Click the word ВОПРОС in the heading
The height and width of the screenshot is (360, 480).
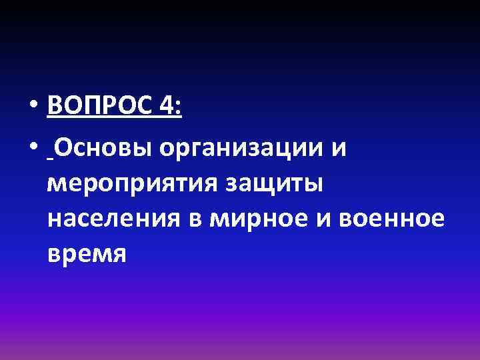[100, 107]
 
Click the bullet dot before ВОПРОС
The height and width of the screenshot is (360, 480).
[33, 107]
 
